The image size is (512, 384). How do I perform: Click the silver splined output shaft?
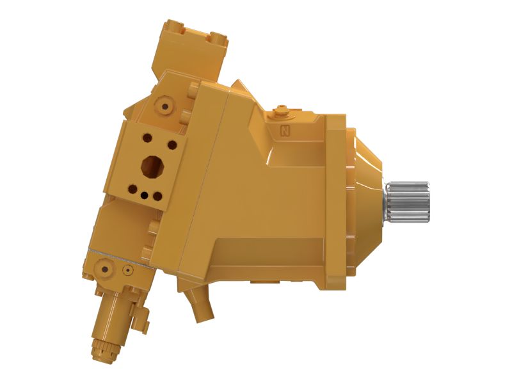click(410, 202)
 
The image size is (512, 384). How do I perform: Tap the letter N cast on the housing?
click(284, 131)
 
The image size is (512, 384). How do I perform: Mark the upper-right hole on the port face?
click(172, 145)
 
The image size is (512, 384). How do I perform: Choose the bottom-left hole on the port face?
click(132, 189)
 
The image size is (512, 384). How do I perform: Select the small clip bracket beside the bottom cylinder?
click(143, 315)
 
